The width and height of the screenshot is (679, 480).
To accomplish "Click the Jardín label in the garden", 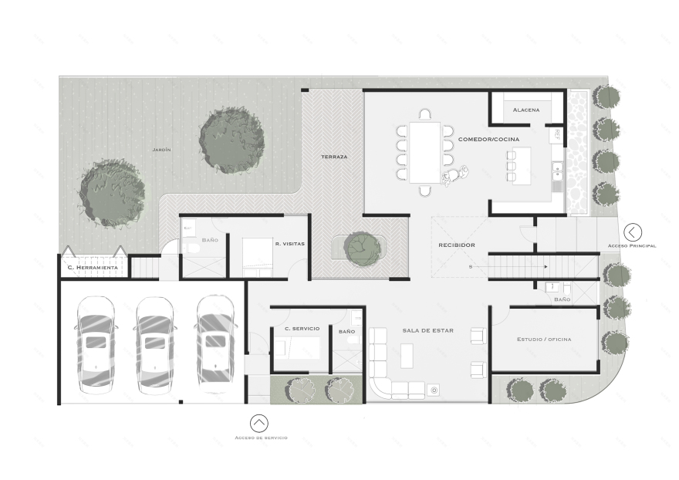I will tap(160, 149).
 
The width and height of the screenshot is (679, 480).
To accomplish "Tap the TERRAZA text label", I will tap(334, 157).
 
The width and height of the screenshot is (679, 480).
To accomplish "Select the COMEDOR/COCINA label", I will tap(488, 139).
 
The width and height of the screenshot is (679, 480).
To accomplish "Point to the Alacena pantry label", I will tap(526, 110).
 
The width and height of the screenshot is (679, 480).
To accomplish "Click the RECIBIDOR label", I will tap(456, 245).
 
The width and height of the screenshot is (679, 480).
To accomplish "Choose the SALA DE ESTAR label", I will tap(427, 330).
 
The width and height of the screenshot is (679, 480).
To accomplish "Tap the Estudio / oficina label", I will tap(544, 339).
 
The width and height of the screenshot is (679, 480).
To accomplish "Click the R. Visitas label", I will tap(289, 244).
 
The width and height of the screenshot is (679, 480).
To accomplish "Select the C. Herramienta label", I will tap(92, 267).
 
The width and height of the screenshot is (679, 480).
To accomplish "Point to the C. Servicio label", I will tap(302, 330).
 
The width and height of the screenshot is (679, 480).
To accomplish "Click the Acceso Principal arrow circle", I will tap(633, 232).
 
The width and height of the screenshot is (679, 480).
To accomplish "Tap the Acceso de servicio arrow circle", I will tap(259, 423).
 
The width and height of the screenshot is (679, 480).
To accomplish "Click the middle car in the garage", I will tap(155, 342).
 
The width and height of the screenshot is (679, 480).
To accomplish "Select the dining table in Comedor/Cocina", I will tap(424, 151).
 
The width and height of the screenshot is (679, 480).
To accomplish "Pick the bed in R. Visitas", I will tap(258, 255).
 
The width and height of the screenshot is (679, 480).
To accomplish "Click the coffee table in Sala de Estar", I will tap(407, 355).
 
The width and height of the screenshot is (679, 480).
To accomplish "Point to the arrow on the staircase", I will tap(544, 266).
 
